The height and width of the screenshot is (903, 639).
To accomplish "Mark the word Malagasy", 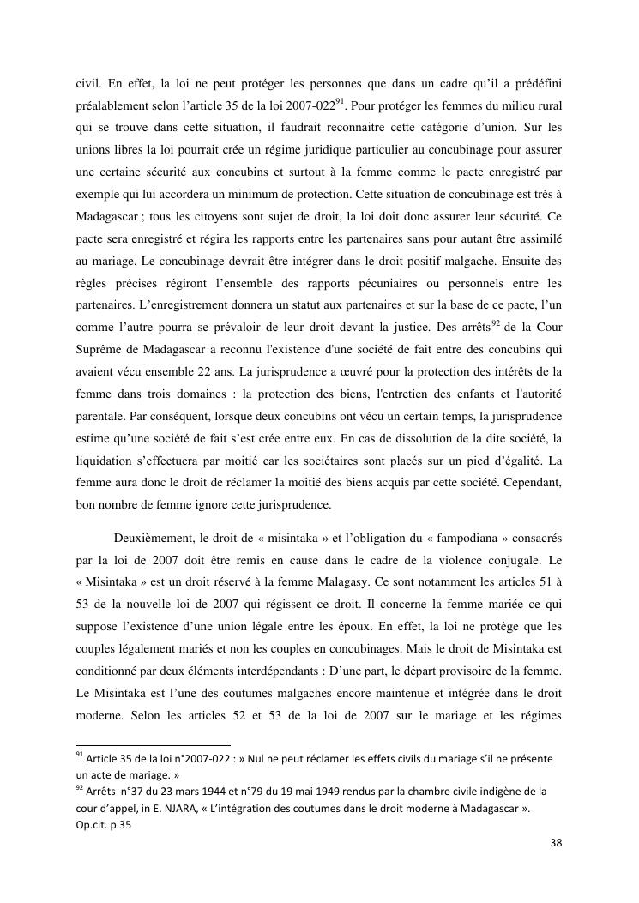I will click(x=337, y=583).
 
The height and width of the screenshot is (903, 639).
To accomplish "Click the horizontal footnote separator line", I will click(x=154, y=745).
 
